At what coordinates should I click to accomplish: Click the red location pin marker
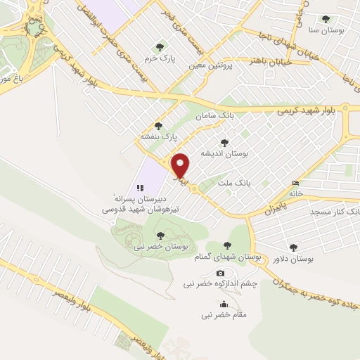[x=181, y=166]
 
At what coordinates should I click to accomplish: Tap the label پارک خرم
[x=160, y=59]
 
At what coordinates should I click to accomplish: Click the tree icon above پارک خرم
[x=160, y=47]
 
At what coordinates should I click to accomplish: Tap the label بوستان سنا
[x=323, y=31]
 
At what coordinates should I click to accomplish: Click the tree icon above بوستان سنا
[x=324, y=20]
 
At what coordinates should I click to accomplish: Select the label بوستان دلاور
[x=293, y=259]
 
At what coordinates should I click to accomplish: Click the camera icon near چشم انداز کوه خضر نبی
[x=220, y=273]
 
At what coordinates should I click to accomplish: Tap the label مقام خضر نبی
[x=224, y=315]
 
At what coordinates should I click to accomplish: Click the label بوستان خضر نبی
[x=162, y=247]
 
